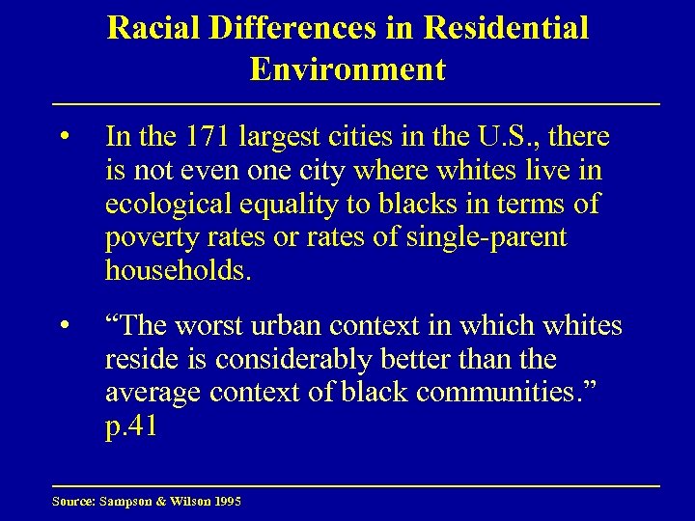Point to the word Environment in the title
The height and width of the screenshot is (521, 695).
(347, 69)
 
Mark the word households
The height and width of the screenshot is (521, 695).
(178, 271)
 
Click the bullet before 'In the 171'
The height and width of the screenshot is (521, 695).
(62, 138)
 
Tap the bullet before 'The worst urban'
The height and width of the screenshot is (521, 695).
(62, 327)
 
